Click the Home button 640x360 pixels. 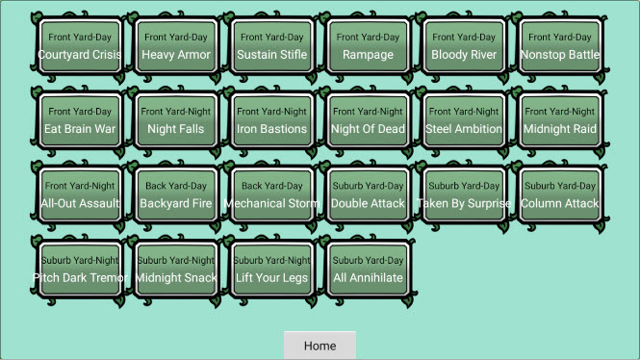320,346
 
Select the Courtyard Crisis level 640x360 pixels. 80,46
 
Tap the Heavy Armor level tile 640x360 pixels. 176,46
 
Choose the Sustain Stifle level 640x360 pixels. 271,46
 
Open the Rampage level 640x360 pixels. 368,46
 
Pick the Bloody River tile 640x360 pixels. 464,46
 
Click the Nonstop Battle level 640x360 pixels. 560,46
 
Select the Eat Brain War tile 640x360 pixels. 80,120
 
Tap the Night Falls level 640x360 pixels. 176,120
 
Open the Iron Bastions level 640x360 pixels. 271,120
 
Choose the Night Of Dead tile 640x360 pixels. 368,120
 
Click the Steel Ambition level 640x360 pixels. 464,120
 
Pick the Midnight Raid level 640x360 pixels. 560,120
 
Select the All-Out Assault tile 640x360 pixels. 80,194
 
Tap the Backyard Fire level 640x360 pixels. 176,194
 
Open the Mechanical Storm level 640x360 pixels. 271,194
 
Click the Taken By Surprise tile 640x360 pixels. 464,194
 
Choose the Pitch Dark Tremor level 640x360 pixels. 80,269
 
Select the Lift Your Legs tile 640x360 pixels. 271,269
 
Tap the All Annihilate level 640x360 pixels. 368,269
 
